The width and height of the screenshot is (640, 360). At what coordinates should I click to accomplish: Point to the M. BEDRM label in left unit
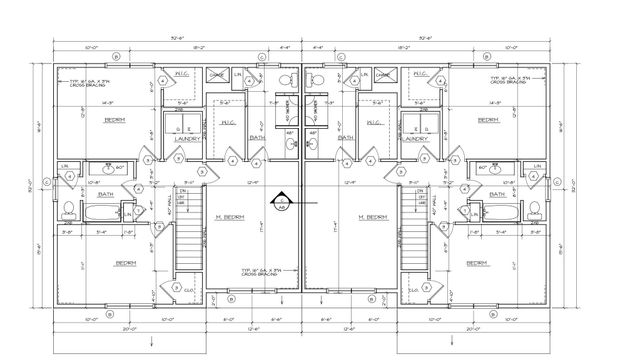click(x=229, y=217)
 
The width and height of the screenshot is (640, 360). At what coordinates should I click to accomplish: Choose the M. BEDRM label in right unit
click(x=371, y=217)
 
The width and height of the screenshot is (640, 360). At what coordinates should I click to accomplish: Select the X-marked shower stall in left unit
click(x=217, y=75)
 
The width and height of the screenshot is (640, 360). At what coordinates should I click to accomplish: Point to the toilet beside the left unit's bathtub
click(x=67, y=211)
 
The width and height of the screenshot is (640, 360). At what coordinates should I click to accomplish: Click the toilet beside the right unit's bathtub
click(x=533, y=211)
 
